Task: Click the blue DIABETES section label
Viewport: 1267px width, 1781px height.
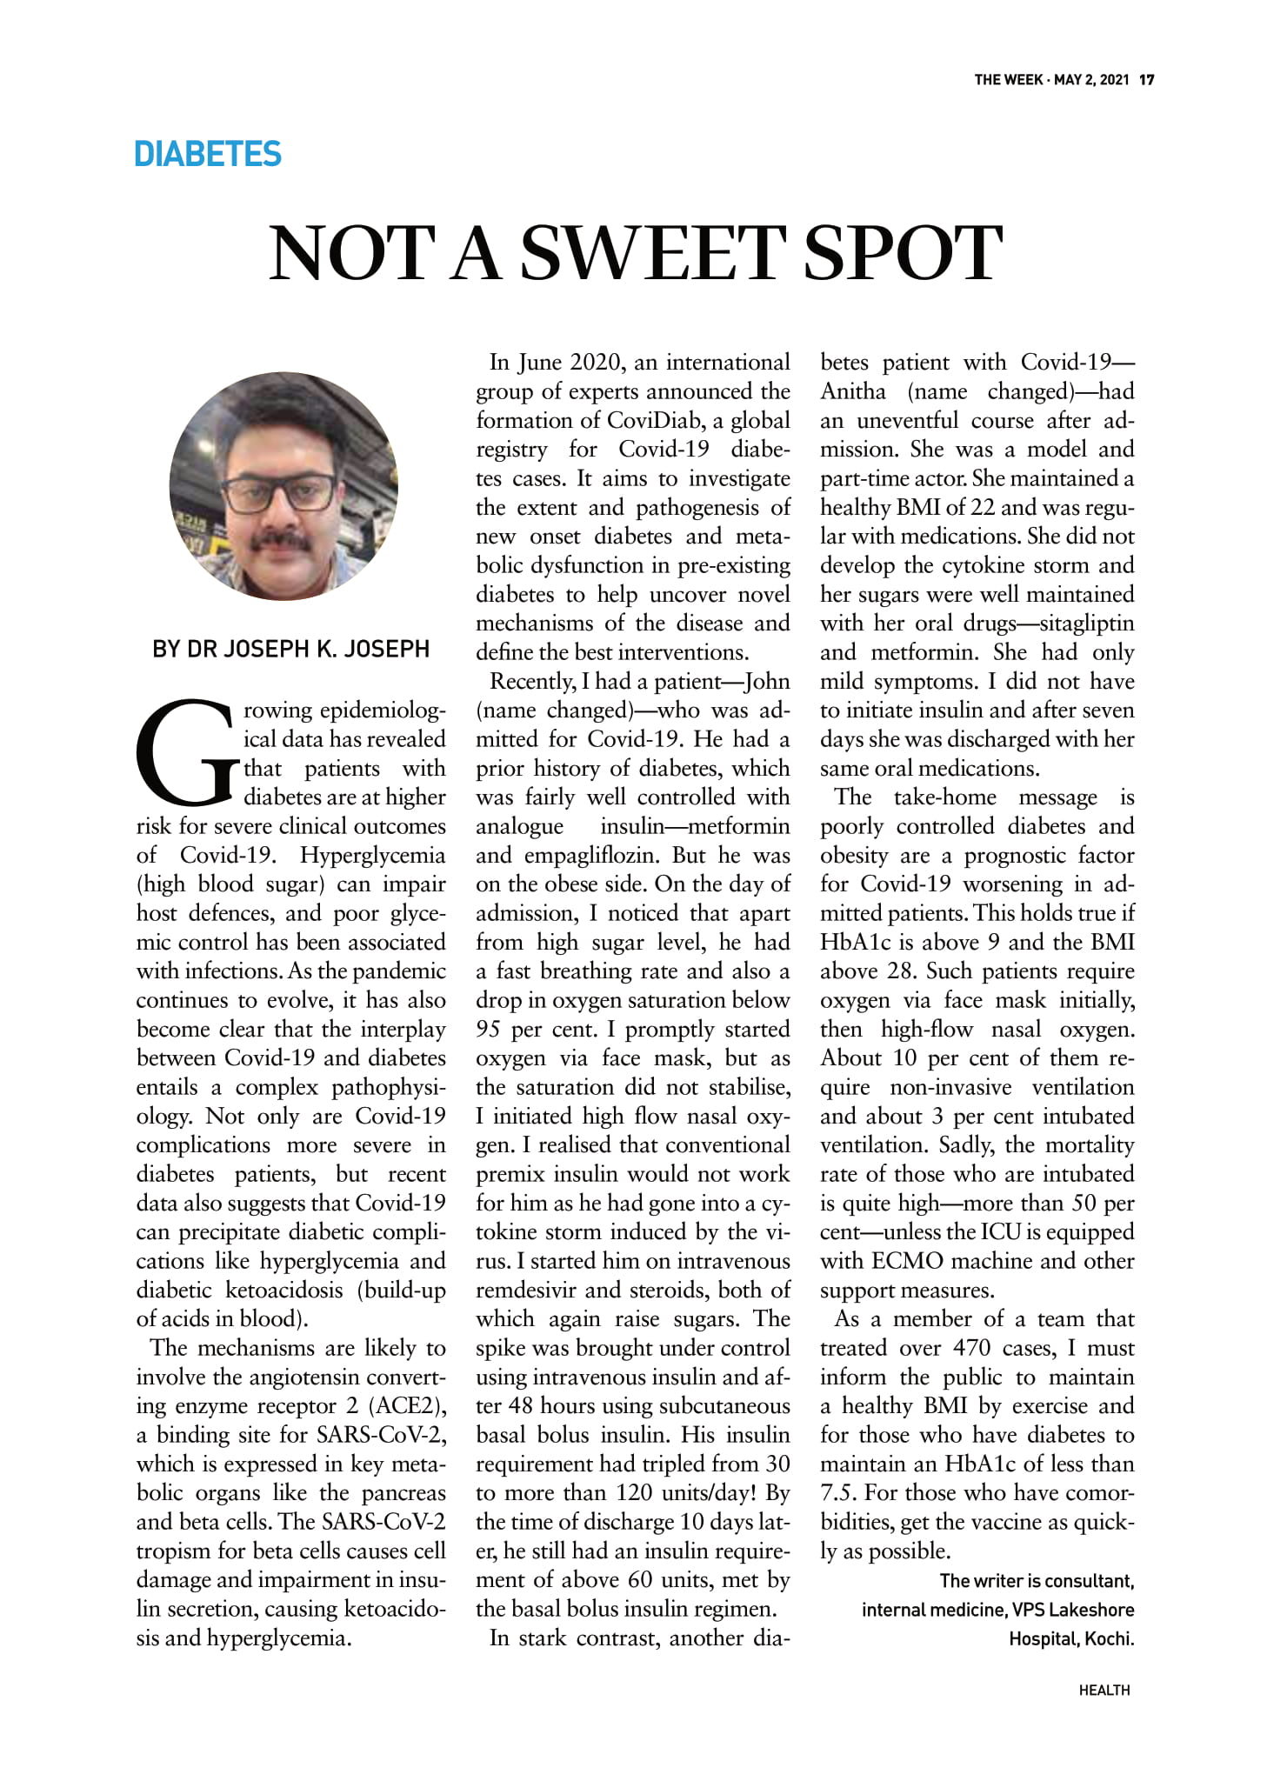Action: (x=208, y=154)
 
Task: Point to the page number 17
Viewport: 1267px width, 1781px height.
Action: (x=1147, y=80)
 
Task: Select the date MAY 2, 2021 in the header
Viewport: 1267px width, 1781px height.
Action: (x=1091, y=80)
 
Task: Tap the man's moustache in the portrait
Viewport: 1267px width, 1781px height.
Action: (x=280, y=539)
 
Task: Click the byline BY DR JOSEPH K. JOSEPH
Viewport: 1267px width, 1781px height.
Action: (x=290, y=649)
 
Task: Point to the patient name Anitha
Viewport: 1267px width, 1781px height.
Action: (x=853, y=391)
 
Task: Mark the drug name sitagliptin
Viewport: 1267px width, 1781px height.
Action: (x=1087, y=624)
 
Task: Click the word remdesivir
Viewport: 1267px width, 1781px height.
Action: (x=524, y=1290)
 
